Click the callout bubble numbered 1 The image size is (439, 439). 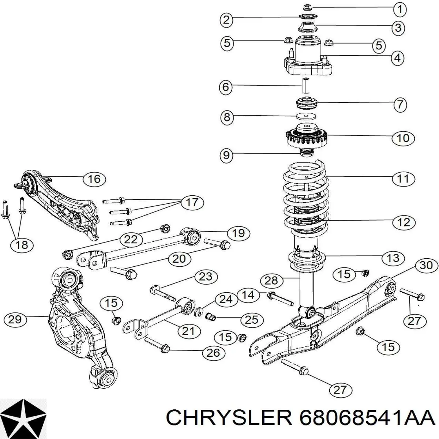coord(400,10)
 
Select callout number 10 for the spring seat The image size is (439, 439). coord(403,138)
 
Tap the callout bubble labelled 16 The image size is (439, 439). coord(94,179)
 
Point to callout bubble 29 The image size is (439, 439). coord(15,320)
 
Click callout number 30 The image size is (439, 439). coord(426,265)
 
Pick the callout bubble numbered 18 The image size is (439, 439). coord(22,245)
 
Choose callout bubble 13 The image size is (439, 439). coord(393,258)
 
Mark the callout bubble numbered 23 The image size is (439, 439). coord(205,276)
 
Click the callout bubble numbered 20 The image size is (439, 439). coord(179,259)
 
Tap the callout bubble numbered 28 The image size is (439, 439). coord(271,281)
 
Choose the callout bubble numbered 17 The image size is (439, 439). coord(192,202)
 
